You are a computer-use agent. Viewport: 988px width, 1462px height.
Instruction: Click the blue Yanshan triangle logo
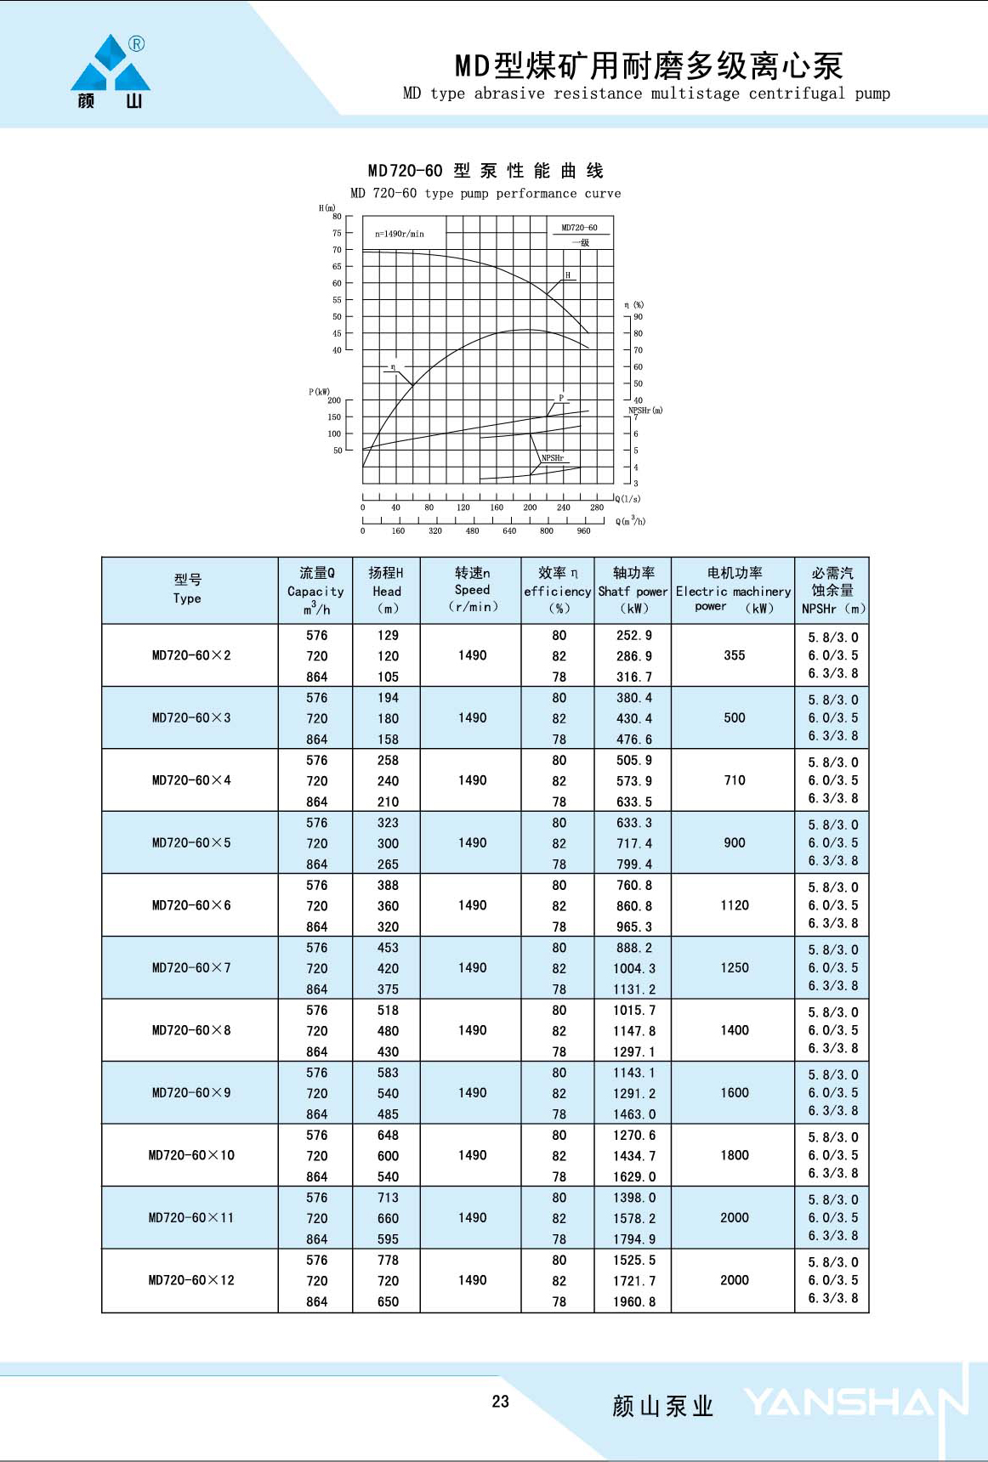pyautogui.click(x=111, y=65)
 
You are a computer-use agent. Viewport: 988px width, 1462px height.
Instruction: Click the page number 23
pyautogui.click(x=500, y=1402)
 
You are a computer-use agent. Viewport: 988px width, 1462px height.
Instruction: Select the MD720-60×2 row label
pyautogui.click(x=191, y=655)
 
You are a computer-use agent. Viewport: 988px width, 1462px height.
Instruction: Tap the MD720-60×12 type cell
pyautogui.click(x=191, y=1280)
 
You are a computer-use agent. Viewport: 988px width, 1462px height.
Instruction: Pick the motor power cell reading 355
pyautogui.click(x=734, y=655)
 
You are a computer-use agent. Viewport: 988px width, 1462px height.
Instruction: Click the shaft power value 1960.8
pyautogui.click(x=634, y=1301)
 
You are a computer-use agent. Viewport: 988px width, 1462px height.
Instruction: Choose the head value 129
pyautogui.click(x=388, y=635)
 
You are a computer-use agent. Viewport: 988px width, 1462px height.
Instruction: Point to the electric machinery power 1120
pyautogui.click(x=734, y=905)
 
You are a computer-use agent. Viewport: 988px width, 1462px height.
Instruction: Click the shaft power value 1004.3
pyautogui.click(x=634, y=968)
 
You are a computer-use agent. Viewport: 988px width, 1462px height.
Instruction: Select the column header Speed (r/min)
pyautogui.click(x=472, y=590)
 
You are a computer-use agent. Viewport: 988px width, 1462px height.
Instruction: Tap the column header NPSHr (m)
pyautogui.click(x=832, y=609)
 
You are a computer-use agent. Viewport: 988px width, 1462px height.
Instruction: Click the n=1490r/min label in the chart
pyautogui.click(x=400, y=234)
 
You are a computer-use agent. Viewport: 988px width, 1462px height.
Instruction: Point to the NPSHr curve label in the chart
pyautogui.click(x=553, y=458)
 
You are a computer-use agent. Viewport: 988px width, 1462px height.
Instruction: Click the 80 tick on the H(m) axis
pyautogui.click(x=337, y=217)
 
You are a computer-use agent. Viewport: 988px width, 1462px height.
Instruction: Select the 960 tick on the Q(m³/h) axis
pyautogui.click(x=583, y=531)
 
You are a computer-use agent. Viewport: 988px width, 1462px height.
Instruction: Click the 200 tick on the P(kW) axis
pyautogui.click(x=334, y=400)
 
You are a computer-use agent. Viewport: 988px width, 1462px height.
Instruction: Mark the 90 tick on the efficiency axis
pyautogui.click(x=638, y=317)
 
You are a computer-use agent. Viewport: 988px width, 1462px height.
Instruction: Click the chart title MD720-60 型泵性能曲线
pyautogui.click(x=485, y=171)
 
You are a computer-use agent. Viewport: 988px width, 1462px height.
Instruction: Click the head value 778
pyautogui.click(x=388, y=1260)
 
